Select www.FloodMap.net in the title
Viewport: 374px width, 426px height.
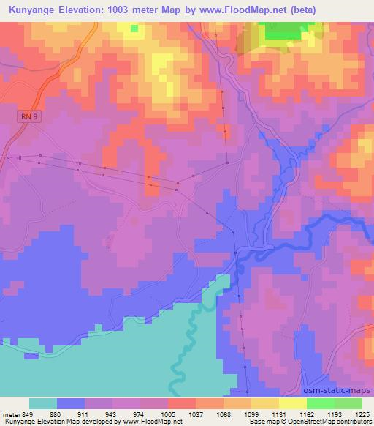tap(236, 10)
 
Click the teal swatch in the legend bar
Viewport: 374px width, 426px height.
tap(43, 403)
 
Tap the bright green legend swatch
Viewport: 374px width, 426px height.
tap(321, 403)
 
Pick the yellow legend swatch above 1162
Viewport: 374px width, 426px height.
tap(293, 403)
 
